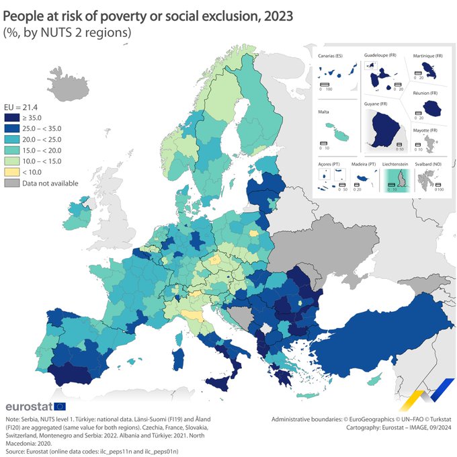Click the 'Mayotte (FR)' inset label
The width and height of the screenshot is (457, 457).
click(x=425, y=130)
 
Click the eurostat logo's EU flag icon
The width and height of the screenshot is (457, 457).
click(x=59, y=406)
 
